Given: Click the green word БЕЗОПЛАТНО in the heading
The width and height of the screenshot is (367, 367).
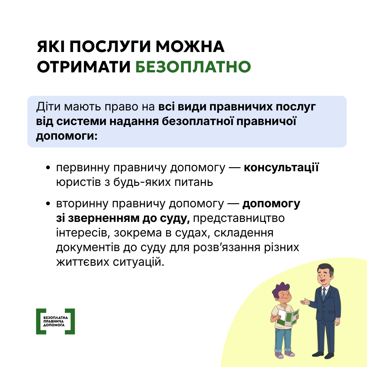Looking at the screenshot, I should pyautogui.click(x=193, y=67).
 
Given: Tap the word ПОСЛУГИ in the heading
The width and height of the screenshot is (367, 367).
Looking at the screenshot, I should pyautogui.click(x=113, y=47).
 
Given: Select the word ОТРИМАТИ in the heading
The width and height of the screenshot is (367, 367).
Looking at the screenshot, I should pyautogui.click(x=84, y=67).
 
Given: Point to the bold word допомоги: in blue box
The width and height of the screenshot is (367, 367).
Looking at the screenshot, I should pyautogui.click(x=67, y=135).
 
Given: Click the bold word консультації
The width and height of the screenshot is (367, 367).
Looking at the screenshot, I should pyautogui.click(x=281, y=168).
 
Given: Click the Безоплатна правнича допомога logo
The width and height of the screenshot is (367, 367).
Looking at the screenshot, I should pyautogui.click(x=55, y=321).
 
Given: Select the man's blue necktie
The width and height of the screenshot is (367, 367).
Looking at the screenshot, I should pyautogui.click(x=324, y=294).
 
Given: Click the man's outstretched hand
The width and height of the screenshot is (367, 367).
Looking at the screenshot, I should pyautogui.click(x=305, y=301).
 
